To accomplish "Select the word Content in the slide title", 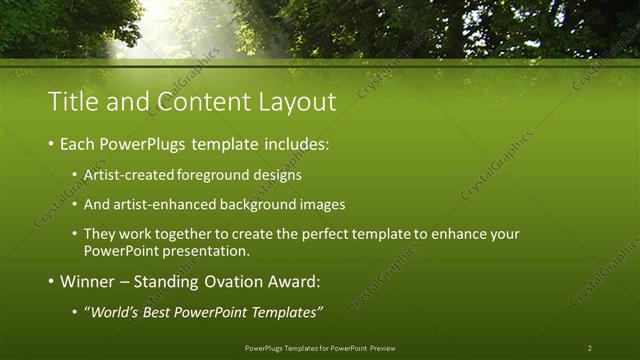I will click(191, 101).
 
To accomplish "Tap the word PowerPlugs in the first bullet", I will click(142, 145).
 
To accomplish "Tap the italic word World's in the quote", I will click(114, 313).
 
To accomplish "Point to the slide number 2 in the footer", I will click(590, 348).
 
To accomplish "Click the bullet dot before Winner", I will click(51, 282).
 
